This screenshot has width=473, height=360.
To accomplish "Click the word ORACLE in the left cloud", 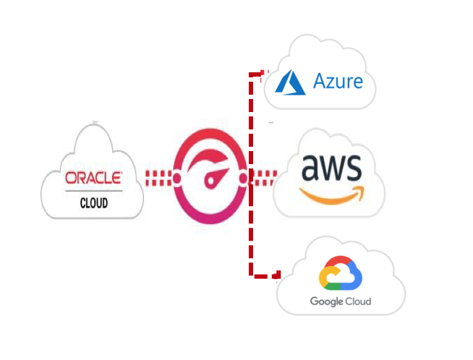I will [93, 178].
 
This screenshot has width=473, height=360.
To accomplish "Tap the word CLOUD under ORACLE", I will [93, 203].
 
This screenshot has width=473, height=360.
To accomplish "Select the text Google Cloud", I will [340, 301].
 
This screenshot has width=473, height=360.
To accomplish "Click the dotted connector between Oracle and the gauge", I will [159, 176].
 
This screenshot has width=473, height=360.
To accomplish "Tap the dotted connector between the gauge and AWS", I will [265, 176].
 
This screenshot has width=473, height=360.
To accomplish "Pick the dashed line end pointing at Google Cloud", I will [276, 275].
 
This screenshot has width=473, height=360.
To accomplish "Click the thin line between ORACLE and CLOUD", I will [93, 192].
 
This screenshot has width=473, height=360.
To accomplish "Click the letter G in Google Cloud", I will [313, 301].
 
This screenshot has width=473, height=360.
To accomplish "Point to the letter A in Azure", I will [319, 81].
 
